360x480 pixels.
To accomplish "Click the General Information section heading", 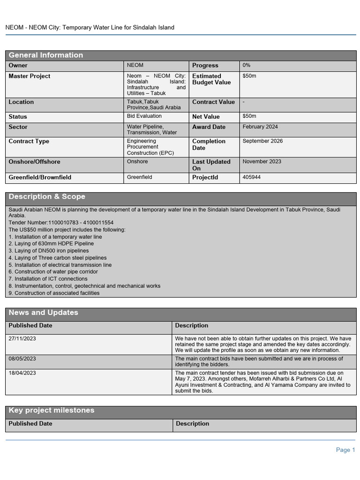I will [x=46, y=55].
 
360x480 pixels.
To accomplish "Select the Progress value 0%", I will [x=247, y=65].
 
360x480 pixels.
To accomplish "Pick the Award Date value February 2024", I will [x=260, y=127].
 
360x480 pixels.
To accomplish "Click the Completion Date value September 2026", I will [x=262, y=141].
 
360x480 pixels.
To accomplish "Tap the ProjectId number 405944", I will [x=252, y=177].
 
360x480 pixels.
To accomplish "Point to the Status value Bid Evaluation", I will [x=144, y=116].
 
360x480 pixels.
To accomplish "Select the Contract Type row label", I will [x=29, y=142].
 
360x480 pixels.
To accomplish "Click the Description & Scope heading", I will [x=47, y=197].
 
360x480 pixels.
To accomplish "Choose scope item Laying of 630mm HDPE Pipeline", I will [x=51, y=244].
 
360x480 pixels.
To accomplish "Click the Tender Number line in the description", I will [x=61, y=223].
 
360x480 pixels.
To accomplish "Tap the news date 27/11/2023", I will [x=22, y=338].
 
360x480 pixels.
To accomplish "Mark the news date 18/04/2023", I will [x=22, y=373].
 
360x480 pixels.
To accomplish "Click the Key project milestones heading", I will [x=52, y=411].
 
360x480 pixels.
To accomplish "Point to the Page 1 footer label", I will [x=345, y=450].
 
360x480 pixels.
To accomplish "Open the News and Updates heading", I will [x=44, y=313].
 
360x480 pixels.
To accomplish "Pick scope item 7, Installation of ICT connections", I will [x=48, y=279].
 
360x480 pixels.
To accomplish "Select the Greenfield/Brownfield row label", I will [x=40, y=178].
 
